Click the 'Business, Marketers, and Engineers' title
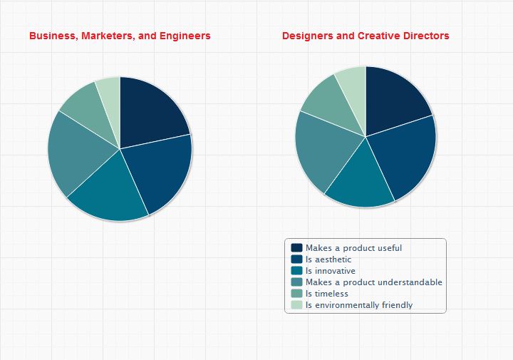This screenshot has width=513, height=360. click(x=120, y=36)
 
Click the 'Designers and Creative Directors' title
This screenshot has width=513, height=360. click(x=366, y=36)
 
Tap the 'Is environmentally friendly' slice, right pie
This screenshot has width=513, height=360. click(x=353, y=82)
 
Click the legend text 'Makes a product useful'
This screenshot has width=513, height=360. click(x=343, y=248)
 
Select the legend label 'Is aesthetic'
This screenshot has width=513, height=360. click(x=328, y=259)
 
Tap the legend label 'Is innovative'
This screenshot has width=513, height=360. click(x=331, y=271)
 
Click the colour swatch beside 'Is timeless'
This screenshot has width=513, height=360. click(x=296, y=294)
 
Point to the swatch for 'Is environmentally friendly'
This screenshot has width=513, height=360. click(x=296, y=305)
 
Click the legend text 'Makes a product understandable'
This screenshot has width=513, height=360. click(x=374, y=282)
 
